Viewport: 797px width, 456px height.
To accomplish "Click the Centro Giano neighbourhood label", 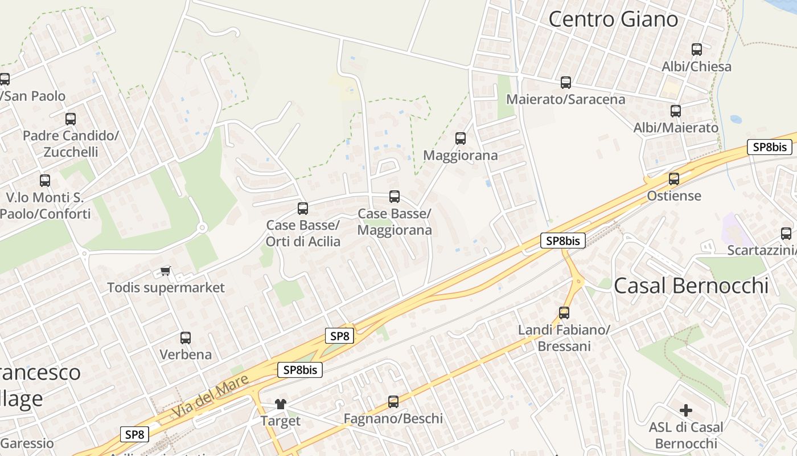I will (613, 19).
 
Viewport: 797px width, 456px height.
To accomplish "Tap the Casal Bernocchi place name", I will (691, 285).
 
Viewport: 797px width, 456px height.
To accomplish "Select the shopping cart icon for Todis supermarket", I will (166, 271).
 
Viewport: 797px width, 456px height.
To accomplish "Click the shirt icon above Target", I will (280, 404).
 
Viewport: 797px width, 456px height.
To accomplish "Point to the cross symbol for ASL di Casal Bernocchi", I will (686, 410).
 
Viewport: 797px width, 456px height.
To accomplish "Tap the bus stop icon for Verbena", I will (185, 337).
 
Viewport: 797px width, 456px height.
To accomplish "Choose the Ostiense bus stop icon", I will (674, 179).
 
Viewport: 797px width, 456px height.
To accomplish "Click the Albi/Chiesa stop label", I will (696, 67).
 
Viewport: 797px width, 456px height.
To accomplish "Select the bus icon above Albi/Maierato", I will (676, 111).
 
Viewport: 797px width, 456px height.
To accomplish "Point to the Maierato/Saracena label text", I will (566, 99).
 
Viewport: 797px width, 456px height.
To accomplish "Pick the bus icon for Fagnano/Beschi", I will (393, 402).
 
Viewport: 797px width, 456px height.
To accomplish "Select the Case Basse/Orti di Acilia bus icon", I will (303, 209).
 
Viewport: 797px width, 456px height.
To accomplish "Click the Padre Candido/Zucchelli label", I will (71, 144).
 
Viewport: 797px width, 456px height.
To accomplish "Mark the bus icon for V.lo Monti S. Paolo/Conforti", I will (45, 181).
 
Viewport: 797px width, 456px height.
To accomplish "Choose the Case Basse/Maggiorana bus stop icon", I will (394, 197).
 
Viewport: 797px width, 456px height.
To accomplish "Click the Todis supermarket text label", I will (166, 287).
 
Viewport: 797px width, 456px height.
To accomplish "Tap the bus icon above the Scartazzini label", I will (786, 233).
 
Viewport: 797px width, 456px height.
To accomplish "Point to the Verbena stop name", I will (186, 355).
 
